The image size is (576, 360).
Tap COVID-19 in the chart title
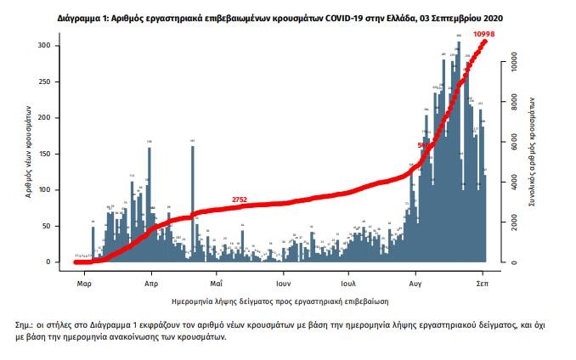click(317, 17)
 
